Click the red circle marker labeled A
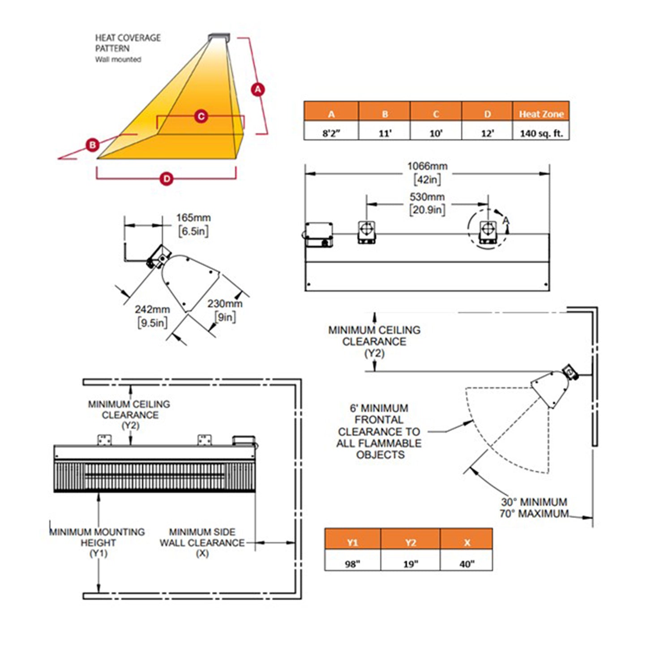pos(258,89)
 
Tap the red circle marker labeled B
pos(92,145)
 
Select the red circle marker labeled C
pos(201,116)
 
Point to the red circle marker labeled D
pos(167,179)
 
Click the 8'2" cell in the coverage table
pos(331,130)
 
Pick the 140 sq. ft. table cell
pos(541,130)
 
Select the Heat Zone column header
pos(541,111)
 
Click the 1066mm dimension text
pos(427,166)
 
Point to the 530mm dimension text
pos(427,197)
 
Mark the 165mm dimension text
pos(193,218)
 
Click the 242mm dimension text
pos(152,309)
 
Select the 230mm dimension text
pos(225,304)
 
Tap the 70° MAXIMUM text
pos(534,514)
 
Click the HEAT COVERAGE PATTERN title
pos(128,43)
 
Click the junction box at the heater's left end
pos(319,234)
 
